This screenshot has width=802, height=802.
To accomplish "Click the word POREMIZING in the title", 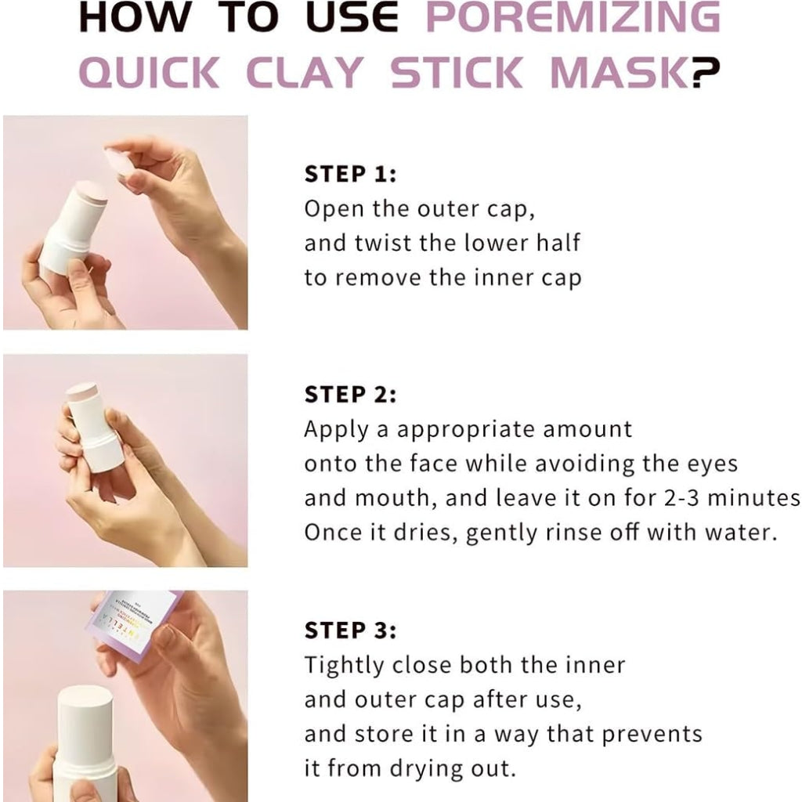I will coord(573,19).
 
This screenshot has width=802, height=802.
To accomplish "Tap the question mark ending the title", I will coord(705,71).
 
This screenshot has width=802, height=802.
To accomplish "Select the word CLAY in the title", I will coord(305,71).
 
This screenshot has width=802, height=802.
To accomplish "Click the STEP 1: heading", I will coord(350,174).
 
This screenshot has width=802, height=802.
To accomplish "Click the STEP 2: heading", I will coord(350,395).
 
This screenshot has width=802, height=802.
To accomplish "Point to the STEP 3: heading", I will coord(350,630).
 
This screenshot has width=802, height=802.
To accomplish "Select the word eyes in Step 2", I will coord(709,464).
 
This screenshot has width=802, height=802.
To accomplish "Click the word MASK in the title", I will coord(619,71).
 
